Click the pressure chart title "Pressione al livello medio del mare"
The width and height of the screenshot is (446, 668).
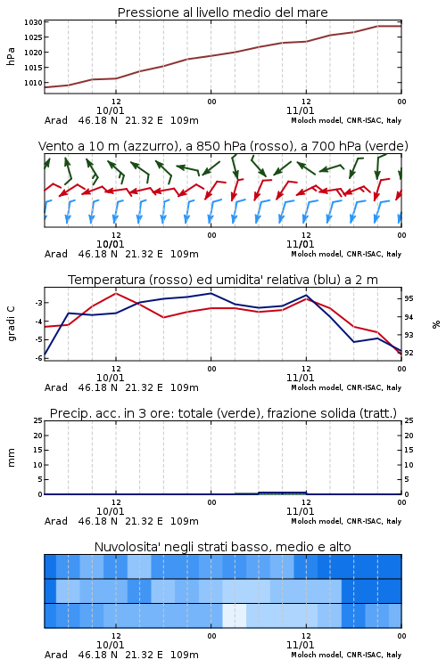tap(222, 12)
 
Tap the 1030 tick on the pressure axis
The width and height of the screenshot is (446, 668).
tap(33, 22)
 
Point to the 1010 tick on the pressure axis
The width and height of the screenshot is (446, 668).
tap(33, 83)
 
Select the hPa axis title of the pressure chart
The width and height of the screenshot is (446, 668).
tap(11, 56)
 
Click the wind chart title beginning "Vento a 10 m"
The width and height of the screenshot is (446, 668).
tap(223, 146)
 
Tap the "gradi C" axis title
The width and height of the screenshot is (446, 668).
tap(11, 324)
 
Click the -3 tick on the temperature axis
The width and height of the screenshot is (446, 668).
tap(38, 303)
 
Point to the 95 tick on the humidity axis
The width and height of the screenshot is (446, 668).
tap(409, 298)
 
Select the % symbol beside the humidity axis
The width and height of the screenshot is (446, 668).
tap(436, 324)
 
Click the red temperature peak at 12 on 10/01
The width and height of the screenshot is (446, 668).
tap(116, 293)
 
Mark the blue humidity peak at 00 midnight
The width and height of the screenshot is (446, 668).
tap(211, 293)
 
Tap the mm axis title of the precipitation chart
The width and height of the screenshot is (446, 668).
tap(11, 458)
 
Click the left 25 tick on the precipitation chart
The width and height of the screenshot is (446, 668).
tap(38, 420)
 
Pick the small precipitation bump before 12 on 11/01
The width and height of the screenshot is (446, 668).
tap(283, 493)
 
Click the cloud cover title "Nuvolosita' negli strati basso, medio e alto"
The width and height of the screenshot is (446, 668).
tap(222, 547)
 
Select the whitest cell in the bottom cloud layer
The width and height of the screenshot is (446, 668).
tap(235, 615)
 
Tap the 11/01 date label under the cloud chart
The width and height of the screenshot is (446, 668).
tap(300, 645)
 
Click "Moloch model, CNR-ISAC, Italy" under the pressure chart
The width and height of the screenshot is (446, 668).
tap(346, 120)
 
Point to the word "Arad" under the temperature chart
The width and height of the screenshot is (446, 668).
tap(56, 387)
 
